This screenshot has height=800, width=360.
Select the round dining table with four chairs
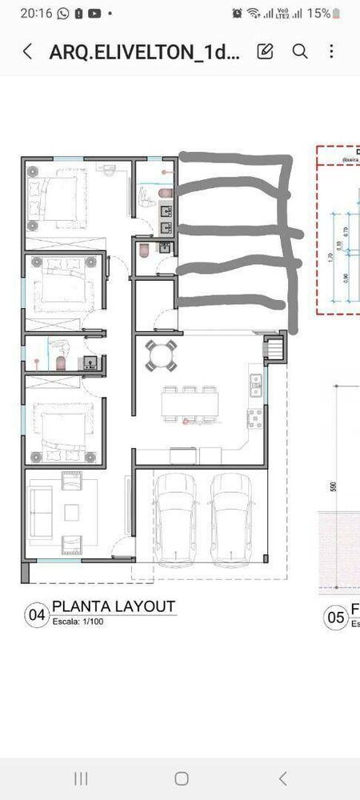162,354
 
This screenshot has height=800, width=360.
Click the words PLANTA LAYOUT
113,606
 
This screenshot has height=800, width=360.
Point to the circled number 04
37,615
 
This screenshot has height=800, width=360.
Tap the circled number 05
335,618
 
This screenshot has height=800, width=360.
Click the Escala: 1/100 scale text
78,620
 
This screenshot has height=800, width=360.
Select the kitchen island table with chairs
190,404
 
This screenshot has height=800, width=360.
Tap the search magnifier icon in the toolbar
300,51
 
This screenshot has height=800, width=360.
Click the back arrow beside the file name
28,52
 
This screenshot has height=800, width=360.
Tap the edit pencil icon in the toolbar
265,51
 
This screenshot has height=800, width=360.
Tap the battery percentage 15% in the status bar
318,13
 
